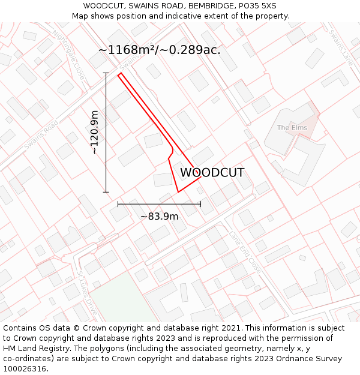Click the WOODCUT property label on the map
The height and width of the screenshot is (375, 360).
(x=212, y=173)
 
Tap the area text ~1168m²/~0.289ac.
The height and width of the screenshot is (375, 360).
(x=159, y=50)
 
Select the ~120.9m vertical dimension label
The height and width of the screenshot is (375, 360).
(x=95, y=133)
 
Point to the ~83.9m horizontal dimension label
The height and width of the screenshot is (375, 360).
(x=159, y=216)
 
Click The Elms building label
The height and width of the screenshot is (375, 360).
(x=292, y=128)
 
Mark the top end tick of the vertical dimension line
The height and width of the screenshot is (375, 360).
(x=106, y=73)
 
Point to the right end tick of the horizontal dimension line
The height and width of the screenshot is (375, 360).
(x=200, y=204)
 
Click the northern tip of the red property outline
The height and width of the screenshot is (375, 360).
(x=120, y=73)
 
